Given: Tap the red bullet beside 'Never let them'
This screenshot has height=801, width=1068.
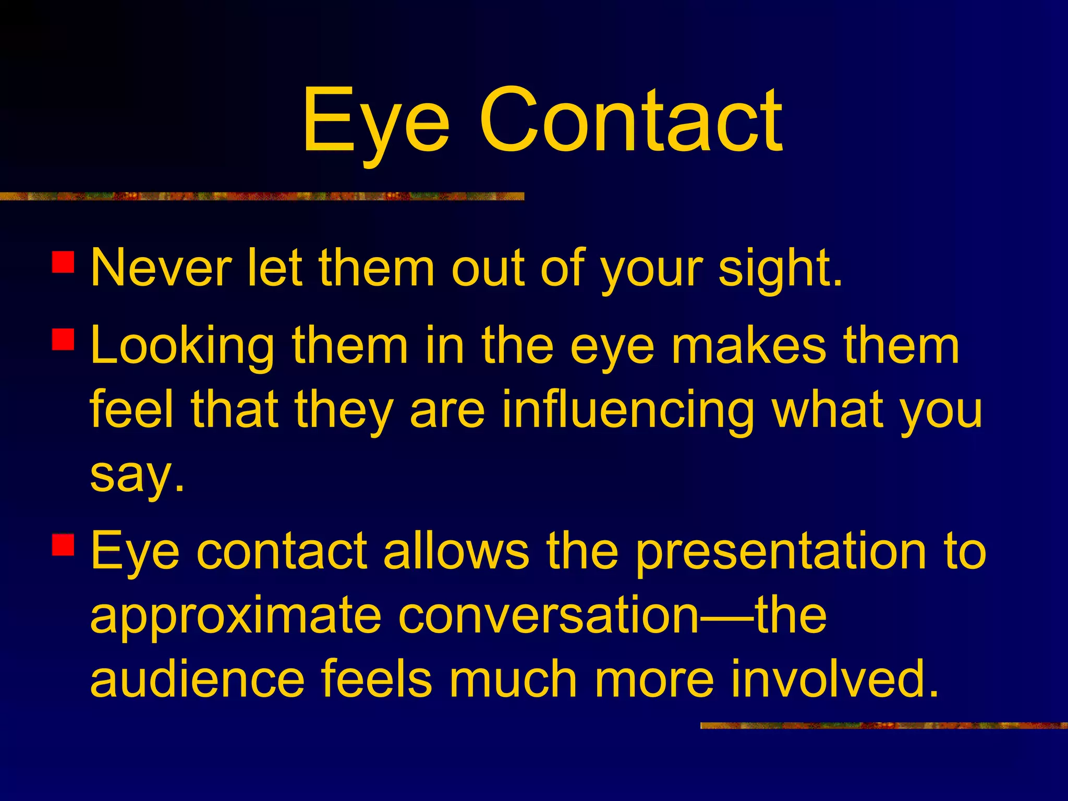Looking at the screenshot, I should (64, 262).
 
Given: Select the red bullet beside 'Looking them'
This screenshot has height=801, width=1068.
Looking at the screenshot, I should (64, 339).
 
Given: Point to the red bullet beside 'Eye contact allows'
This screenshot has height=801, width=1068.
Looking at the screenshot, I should (64, 544).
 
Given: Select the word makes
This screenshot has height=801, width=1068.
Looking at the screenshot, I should (749, 345).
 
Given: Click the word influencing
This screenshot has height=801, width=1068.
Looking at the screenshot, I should (628, 411).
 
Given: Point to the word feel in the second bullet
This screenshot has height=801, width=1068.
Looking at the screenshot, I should (131, 410).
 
